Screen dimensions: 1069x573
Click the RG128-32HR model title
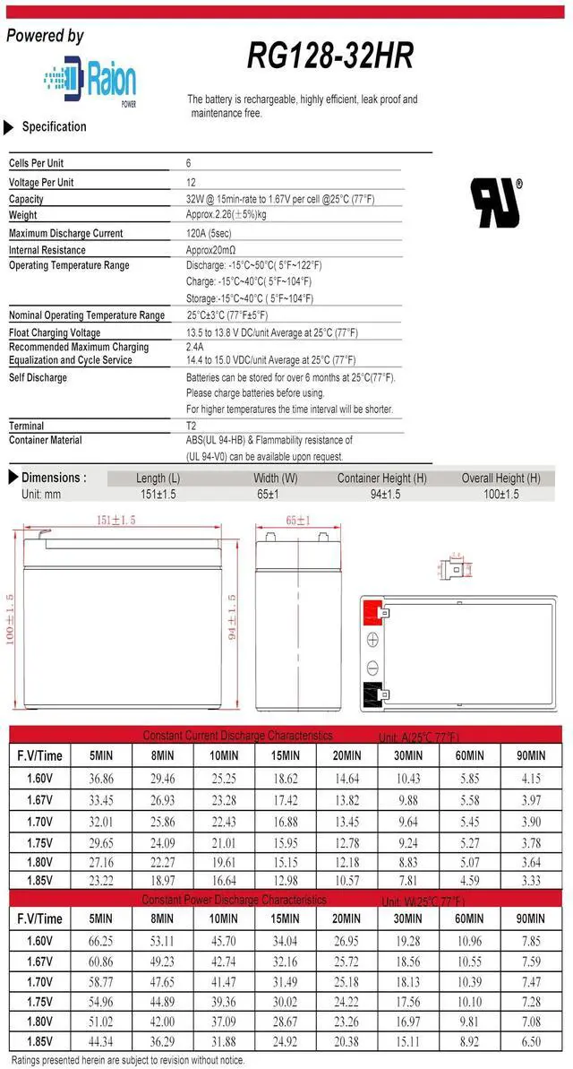click(x=331, y=57)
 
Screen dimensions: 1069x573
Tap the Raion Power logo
click(x=90, y=82)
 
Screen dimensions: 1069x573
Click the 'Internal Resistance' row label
click(x=47, y=250)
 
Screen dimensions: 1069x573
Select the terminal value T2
click(x=191, y=426)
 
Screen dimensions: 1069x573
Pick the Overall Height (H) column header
click(x=500, y=478)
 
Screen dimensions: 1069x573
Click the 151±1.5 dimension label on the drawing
click(x=115, y=521)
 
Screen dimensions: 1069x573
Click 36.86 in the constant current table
click(x=101, y=780)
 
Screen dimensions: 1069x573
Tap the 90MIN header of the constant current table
click(x=530, y=756)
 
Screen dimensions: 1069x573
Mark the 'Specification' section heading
click(x=54, y=127)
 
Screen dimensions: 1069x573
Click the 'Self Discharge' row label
click(x=38, y=377)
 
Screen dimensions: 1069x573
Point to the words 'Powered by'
click(x=45, y=36)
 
